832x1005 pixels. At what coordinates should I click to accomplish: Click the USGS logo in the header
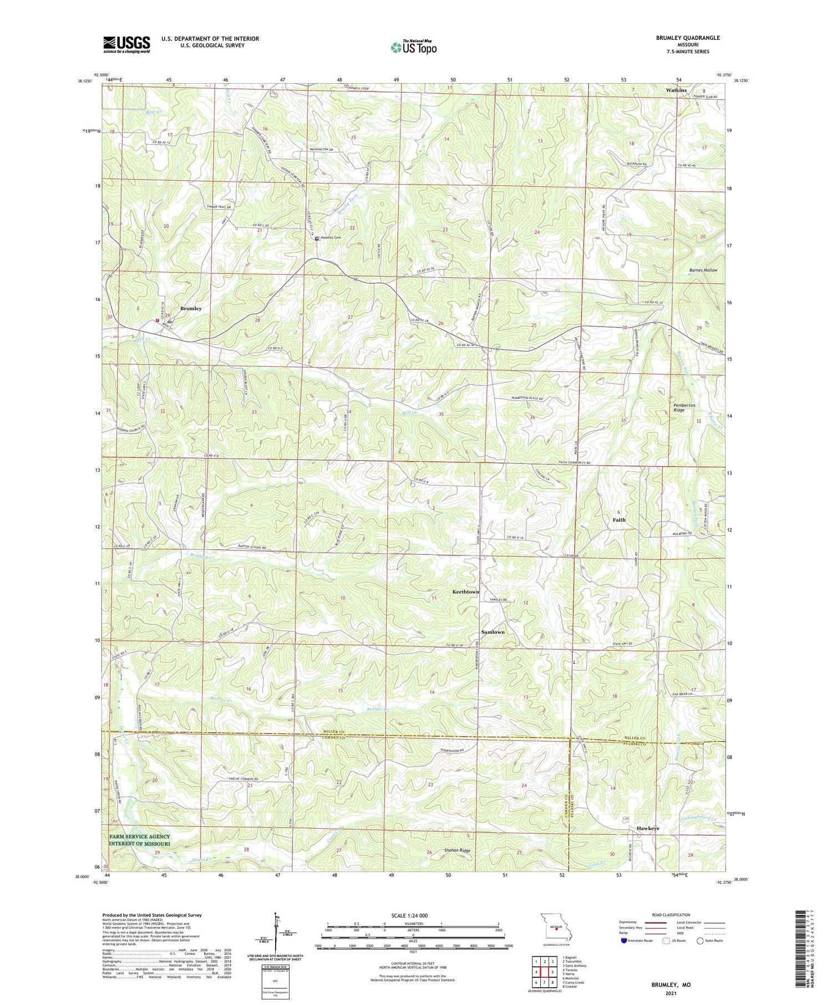pos(126,44)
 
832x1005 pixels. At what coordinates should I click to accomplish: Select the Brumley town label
pos(191,308)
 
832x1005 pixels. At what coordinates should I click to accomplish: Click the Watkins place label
pos(676,90)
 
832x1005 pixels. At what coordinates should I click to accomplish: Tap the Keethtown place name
pos(465,592)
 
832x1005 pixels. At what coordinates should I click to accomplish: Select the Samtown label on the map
pos(493,632)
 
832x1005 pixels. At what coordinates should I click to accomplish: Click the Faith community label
pos(619,520)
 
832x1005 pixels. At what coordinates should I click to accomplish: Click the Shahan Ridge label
pos(457,850)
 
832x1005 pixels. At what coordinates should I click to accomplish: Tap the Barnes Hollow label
pos(703,270)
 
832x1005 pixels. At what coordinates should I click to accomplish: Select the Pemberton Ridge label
pos(684,407)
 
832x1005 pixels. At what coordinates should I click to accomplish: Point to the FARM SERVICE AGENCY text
pos(139,837)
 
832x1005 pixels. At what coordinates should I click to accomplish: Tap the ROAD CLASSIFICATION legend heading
pos(670,915)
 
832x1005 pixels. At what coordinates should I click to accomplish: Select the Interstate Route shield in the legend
pos(624,941)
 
